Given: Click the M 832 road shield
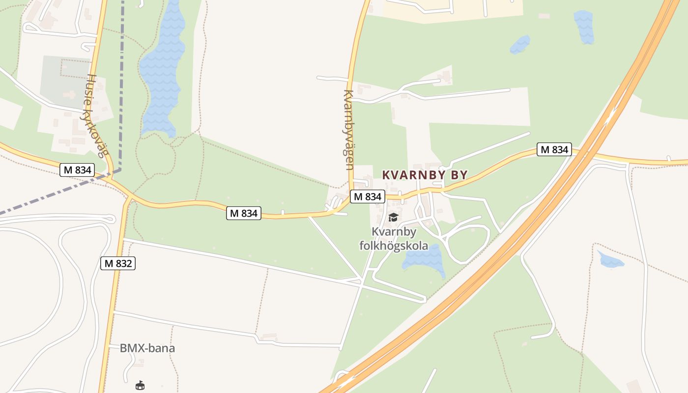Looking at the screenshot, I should (118, 263).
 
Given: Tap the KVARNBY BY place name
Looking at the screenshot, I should (425, 175).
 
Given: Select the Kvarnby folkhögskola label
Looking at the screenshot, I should (394, 239).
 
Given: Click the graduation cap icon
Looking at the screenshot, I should (393, 217).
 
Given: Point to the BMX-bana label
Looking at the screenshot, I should (147, 348).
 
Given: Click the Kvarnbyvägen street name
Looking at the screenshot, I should (348, 130).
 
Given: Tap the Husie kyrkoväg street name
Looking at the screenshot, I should (96, 116).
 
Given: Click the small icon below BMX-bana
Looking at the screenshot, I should (140, 385).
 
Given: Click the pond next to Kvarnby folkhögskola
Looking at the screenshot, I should (423, 258).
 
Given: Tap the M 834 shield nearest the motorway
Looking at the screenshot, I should (554, 149).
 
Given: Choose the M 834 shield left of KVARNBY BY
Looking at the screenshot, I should (367, 196).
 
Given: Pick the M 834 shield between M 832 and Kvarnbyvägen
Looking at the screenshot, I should (243, 213).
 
